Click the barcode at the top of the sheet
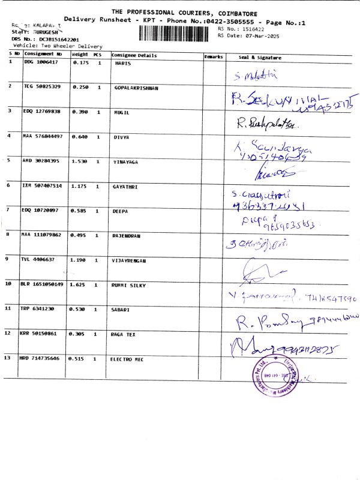click(x=176, y=32)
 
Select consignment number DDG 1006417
click(x=41, y=62)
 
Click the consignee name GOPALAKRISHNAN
click(x=136, y=88)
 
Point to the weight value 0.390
click(x=80, y=112)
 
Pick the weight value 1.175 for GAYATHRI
click(x=80, y=187)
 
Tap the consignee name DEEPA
click(x=121, y=211)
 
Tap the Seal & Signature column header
click(x=260, y=57)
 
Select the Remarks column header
click(x=214, y=56)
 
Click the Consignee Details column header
click(x=134, y=56)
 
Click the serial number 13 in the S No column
click(x=7, y=358)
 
